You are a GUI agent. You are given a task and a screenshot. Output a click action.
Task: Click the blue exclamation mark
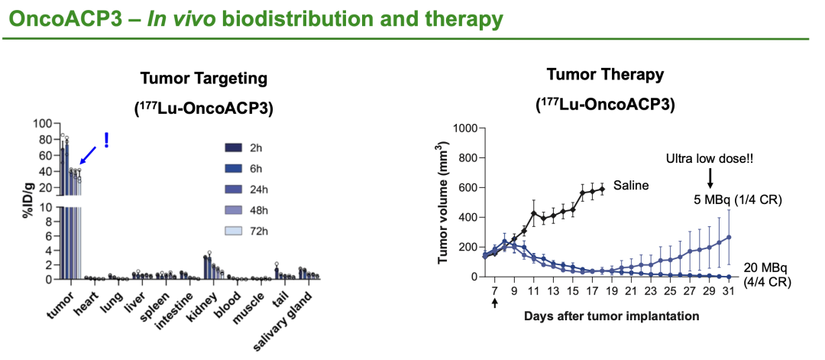click(x=106, y=141)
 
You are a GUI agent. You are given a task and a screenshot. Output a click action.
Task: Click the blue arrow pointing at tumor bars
click(x=88, y=154)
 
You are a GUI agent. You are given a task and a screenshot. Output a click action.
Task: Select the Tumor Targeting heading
click(x=204, y=78)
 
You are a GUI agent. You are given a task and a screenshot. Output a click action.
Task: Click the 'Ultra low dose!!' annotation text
click(x=710, y=161)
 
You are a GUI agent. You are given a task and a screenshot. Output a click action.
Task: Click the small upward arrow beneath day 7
click(x=495, y=303)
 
